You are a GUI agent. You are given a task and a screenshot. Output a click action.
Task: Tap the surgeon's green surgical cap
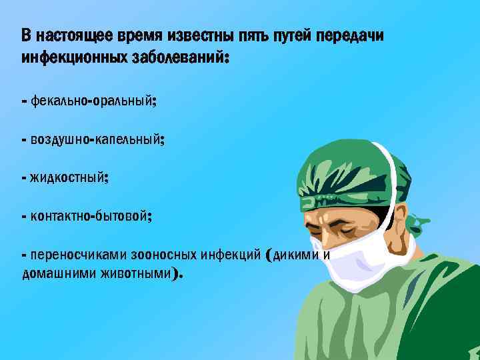click(347, 170)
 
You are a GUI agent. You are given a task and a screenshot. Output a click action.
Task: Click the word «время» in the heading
click(137, 35)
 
